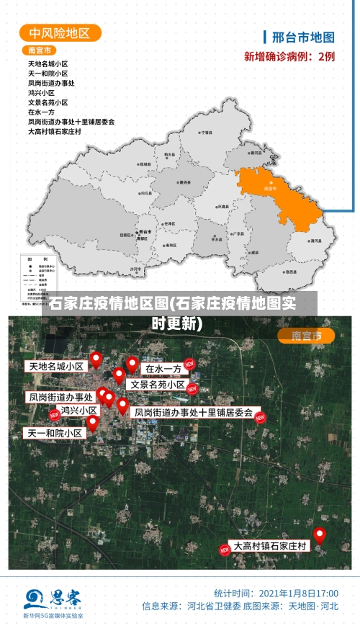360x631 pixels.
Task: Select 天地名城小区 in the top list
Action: click(48, 64)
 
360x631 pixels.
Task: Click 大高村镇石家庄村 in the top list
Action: click(55, 132)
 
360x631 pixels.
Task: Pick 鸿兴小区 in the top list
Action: click(41, 93)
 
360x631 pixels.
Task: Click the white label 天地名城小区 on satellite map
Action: click(56, 366)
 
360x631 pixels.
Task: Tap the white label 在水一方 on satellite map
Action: click(163, 369)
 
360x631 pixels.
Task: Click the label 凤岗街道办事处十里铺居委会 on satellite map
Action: click(194, 413)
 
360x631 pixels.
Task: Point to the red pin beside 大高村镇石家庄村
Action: click(319, 534)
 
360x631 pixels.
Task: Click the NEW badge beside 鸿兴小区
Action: click(54, 415)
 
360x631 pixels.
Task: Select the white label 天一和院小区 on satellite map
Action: click(55, 433)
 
